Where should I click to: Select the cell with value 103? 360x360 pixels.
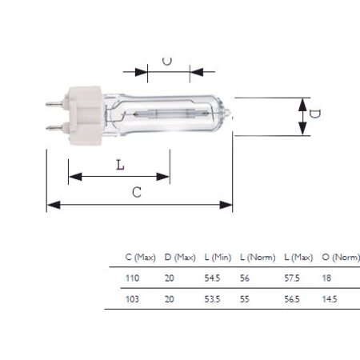pyautogui.click(x=133, y=298)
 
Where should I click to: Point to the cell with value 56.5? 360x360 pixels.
pyautogui.click(x=293, y=298)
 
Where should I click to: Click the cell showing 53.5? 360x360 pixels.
pyautogui.click(x=212, y=298)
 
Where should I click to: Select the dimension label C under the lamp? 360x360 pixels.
pyautogui.click(x=136, y=193)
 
